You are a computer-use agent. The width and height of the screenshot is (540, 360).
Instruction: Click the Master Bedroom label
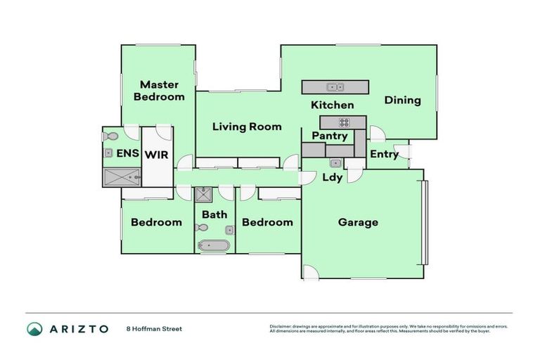point(159,90)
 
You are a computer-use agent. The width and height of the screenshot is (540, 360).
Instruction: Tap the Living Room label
point(247,127)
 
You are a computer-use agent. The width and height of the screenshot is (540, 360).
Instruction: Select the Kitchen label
point(333,105)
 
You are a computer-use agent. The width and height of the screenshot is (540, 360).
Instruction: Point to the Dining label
point(402,100)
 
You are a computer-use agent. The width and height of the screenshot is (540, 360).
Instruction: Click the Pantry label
point(330,136)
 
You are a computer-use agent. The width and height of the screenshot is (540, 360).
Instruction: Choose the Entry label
point(384,155)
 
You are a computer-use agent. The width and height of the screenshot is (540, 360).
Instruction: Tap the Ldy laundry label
point(332,177)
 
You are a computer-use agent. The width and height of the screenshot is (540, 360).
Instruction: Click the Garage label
point(358,222)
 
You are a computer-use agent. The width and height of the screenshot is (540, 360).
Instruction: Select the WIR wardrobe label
point(156,154)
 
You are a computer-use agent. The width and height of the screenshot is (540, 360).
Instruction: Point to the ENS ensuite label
point(127,153)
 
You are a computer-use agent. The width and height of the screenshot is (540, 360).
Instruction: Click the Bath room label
point(214,214)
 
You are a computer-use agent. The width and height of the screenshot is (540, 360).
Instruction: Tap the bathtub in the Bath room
point(213,245)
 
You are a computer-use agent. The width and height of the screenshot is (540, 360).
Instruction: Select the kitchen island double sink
point(335,87)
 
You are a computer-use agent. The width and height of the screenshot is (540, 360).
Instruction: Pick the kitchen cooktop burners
point(344,122)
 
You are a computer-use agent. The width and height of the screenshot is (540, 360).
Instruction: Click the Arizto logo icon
point(34,328)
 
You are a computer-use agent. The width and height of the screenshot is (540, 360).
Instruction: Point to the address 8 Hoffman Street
point(154,328)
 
